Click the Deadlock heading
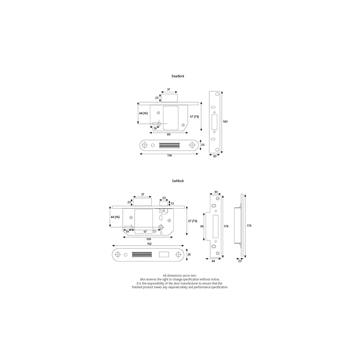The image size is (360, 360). coord(178,76)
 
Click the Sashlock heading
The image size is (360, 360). coord(178,180)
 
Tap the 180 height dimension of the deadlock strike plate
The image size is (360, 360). coord(225,121)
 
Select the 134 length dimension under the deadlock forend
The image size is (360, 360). coord(169,156)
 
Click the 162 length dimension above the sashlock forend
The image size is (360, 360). coord(148,244)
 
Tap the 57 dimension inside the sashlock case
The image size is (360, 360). coord(145,232)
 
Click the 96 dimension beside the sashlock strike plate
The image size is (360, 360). coord(203,226)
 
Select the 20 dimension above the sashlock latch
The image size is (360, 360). coord(164,198)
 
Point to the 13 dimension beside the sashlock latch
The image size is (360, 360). coord(172,203)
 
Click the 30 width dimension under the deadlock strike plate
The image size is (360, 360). coord(215,156)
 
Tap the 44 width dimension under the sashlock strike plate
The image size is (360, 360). coord(213,261)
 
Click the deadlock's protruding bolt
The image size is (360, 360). coord(171,98)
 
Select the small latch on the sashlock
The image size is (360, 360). coord(164,204)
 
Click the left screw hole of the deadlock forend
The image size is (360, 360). coord(146,145)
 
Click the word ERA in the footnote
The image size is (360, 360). coord(142,279)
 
